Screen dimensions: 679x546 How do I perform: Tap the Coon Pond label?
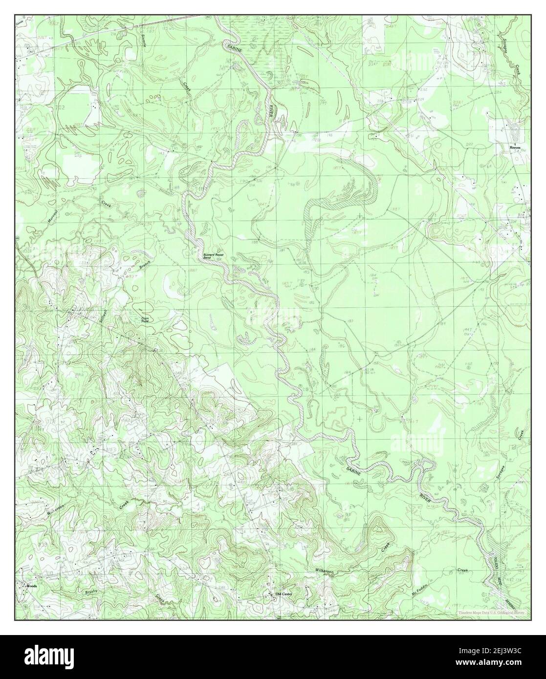click(145, 318)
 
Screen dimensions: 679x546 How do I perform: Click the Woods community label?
click(32, 585)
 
